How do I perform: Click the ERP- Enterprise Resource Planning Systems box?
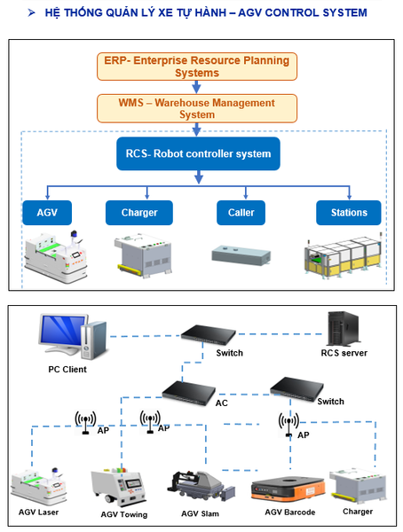pyautogui.click(x=197, y=66)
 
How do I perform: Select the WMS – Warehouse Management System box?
pyautogui.click(x=197, y=108)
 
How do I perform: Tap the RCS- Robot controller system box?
pyautogui.click(x=197, y=153)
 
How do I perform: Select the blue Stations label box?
pyautogui.click(x=348, y=213)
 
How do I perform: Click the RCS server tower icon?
pyautogui.click(x=341, y=327)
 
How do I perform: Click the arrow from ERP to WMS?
pyautogui.click(x=197, y=87)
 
